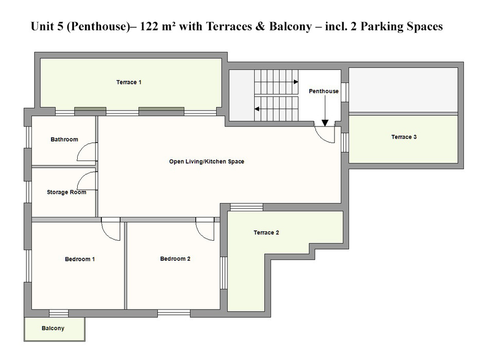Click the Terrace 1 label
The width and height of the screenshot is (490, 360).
point(129,82)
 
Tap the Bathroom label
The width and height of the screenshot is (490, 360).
point(64,139)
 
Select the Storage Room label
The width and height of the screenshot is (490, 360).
point(66,192)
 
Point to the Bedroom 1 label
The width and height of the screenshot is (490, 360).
point(80,259)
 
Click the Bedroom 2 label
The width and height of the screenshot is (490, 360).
point(175,259)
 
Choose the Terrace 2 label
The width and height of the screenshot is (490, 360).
point(266,232)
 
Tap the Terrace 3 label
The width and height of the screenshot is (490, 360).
point(404,137)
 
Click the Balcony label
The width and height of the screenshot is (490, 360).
point(53,328)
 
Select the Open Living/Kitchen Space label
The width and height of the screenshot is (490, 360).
point(206,161)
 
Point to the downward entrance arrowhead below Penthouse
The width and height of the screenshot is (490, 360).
point(325,123)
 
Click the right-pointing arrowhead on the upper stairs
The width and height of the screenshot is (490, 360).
point(295,82)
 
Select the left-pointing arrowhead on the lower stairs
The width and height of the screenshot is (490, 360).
point(256,109)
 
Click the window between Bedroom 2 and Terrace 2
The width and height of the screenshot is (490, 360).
point(224,273)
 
